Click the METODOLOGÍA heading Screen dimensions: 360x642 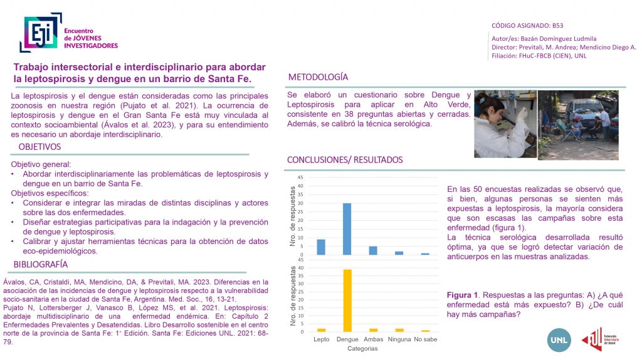tap(317, 77)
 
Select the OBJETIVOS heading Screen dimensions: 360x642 tap(39, 147)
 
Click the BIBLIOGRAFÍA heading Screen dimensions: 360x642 tap(40, 264)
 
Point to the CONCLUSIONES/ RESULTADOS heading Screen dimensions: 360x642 tap(345, 160)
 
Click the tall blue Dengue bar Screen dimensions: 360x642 tap(347, 229)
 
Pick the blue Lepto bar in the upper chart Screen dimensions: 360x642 tap(321, 247)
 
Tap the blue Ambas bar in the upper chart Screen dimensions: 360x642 tap(372, 250)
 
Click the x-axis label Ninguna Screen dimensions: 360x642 tap(399, 340)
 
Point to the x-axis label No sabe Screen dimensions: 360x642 tap(425, 340)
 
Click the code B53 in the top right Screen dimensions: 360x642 tap(558, 26)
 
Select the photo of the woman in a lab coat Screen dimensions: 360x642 tap(503, 124)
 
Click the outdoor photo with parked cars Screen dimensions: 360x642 tap(577, 124)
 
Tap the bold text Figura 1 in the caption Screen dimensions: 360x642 tap(463, 295)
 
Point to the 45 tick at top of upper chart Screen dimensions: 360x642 tap(300, 177)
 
